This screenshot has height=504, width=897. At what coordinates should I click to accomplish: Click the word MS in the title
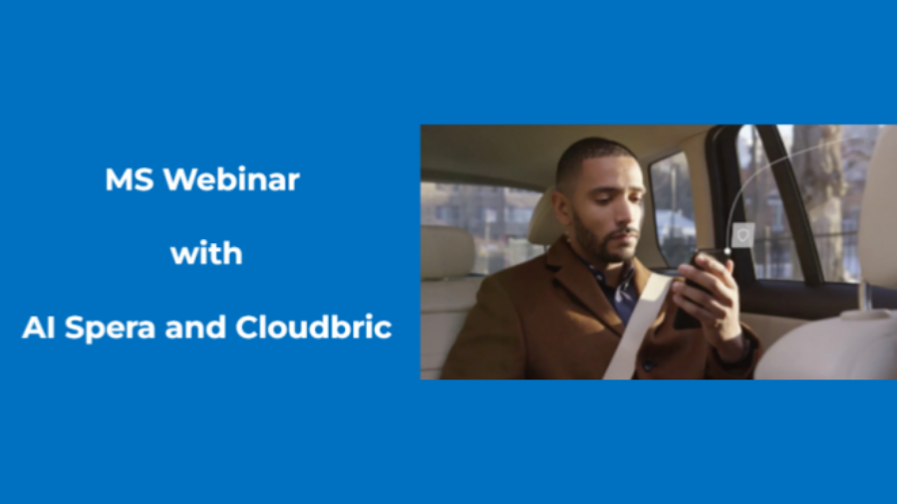click(x=130, y=179)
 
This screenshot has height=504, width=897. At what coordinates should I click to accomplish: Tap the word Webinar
click(x=231, y=179)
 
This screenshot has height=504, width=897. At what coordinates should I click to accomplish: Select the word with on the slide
click(x=206, y=253)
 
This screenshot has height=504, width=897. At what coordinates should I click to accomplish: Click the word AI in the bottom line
click(x=39, y=328)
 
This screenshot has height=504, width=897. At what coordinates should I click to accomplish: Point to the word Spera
click(x=110, y=329)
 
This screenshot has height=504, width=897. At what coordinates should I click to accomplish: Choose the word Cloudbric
click(x=314, y=327)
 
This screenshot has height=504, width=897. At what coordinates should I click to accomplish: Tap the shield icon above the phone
click(x=743, y=235)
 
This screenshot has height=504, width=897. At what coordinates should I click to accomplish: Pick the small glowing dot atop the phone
click(x=728, y=251)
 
